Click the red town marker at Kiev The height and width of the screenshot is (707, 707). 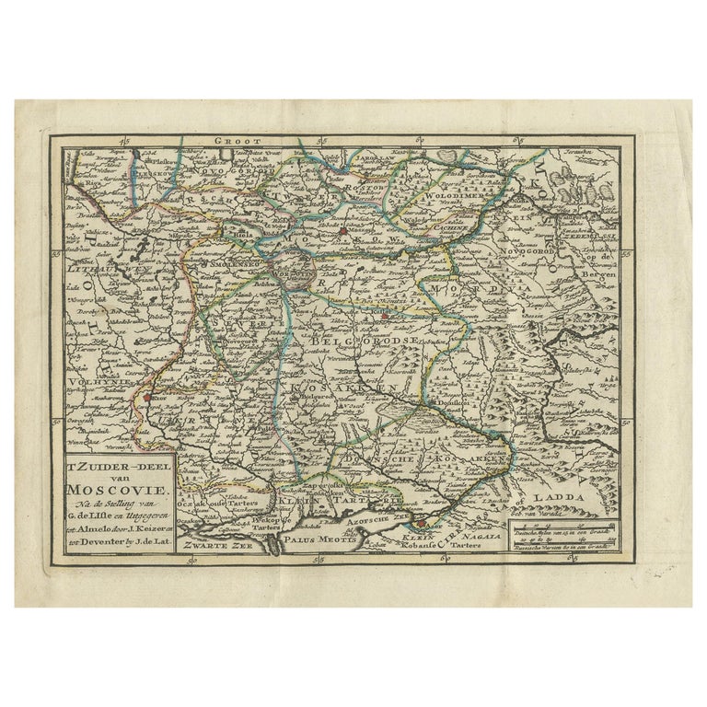(146, 397)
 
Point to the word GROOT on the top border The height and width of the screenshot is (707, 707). (232, 143)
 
